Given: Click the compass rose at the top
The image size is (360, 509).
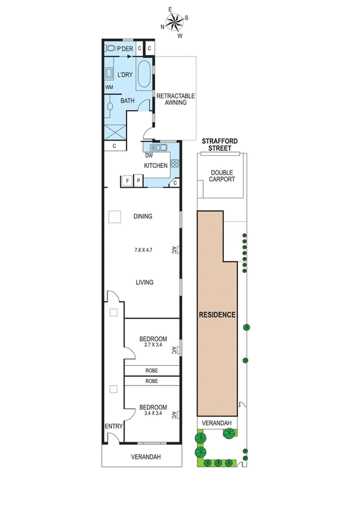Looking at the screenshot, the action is click(x=174, y=22).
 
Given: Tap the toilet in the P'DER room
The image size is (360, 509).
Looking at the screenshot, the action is click(x=110, y=49).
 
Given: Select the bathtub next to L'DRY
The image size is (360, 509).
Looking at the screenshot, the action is click(x=143, y=74).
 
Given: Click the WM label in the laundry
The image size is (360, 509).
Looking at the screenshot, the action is click(x=109, y=87).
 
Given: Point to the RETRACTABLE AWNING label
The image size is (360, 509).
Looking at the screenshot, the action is click(x=176, y=99).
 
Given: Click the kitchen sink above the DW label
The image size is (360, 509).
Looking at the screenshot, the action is click(x=158, y=148).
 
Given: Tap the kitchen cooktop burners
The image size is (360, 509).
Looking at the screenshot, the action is click(x=175, y=164).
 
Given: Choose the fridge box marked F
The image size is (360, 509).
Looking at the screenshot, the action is click(x=127, y=181).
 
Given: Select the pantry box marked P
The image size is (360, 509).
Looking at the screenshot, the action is click(x=138, y=181).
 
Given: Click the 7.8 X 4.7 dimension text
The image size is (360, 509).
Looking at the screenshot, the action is click(x=143, y=250).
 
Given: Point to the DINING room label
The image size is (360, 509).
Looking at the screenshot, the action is click(x=143, y=216).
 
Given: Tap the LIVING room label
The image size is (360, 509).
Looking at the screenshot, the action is click(x=144, y=282).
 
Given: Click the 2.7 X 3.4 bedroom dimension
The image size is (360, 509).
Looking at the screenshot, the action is click(x=153, y=345).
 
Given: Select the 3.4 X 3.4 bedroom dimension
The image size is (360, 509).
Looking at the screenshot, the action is click(x=153, y=413).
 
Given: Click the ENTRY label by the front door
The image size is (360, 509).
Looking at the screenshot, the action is click(x=114, y=426).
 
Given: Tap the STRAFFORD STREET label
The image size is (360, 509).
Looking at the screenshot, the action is click(x=220, y=144).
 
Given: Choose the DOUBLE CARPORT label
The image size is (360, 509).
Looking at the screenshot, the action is click(x=222, y=176).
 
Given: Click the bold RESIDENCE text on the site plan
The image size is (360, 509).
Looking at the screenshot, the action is click(x=217, y=314).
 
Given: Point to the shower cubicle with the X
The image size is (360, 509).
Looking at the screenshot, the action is click(x=115, y=132).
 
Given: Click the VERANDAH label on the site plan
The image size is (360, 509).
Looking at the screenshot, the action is click(x=216, y=423).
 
